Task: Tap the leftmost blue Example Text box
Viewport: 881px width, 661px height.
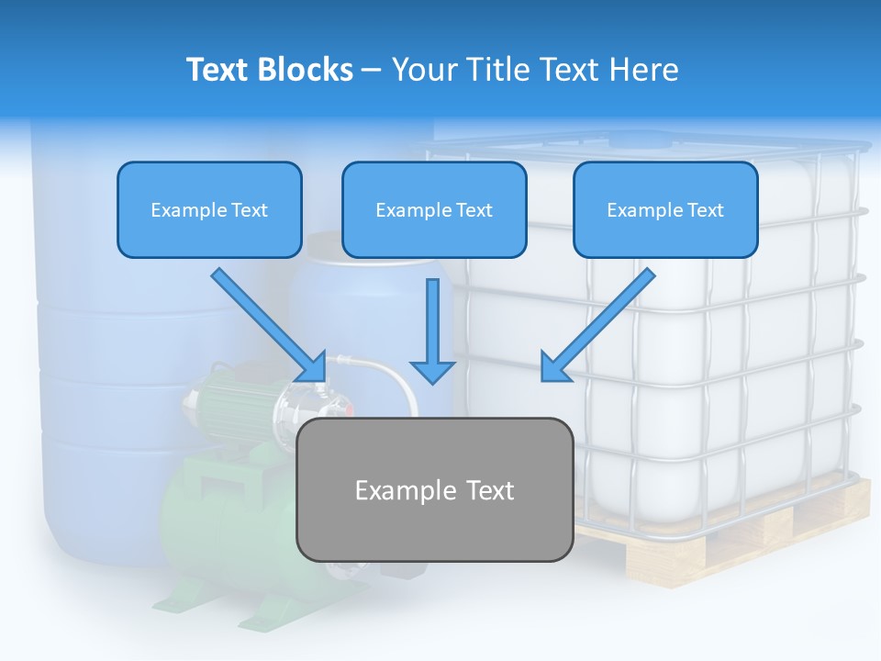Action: (x=209, y=210)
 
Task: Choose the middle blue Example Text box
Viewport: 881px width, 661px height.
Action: (x=434, y=210)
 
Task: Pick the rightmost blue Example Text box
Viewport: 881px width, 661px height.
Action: (x=665, y=210)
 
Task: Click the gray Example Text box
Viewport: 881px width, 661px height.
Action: (x=434, y=490)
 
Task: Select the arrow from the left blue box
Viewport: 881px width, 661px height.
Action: (x=268, y=324)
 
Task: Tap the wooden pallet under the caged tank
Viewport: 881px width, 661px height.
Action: (x=734, y=542)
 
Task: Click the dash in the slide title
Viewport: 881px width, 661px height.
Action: (x=372, y=70)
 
